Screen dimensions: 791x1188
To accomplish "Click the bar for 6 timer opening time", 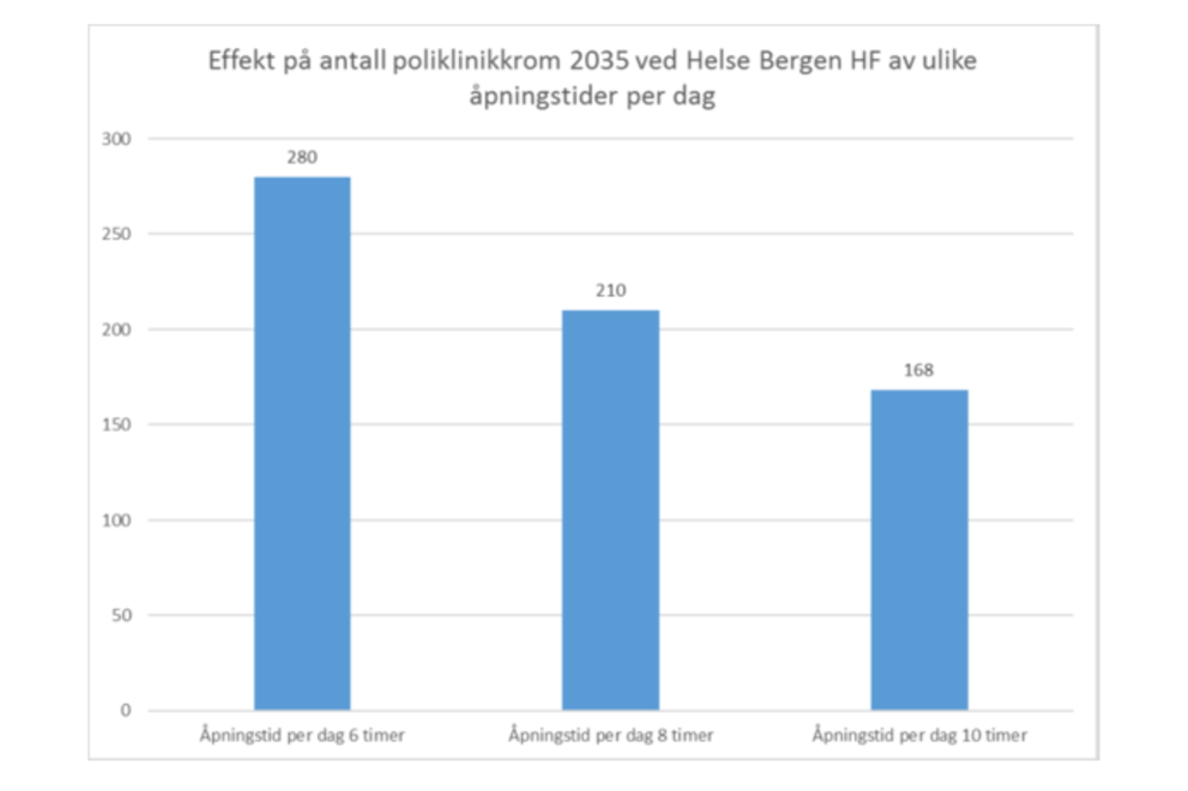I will click(x=302, y=443).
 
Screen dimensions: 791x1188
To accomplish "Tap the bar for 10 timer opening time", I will click(x=918, y=550).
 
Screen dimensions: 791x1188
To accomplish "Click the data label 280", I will click(x=302, y=157).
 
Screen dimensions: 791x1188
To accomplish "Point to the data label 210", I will click(x=610, y=291).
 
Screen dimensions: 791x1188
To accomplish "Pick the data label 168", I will click(x=918, y=370).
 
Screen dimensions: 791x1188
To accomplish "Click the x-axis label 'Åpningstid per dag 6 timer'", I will click(x=303, y=736).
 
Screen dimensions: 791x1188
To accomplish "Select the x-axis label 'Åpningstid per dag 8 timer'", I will click(x=611, y=736).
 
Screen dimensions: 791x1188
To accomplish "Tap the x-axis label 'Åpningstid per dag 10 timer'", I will click(x=919, y=736).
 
